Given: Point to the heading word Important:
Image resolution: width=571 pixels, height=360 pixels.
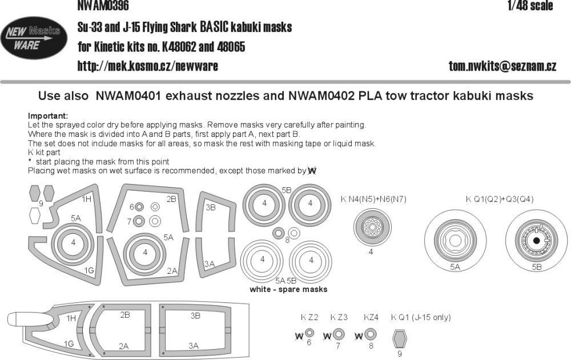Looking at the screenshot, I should [x=47, y=115].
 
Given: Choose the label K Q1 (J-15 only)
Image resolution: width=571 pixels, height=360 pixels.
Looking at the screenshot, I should [x=421, y=317].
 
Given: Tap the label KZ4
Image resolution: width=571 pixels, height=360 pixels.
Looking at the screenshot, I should [x=371, y=317].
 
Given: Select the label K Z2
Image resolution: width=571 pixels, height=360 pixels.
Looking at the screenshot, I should [x=309, y=317].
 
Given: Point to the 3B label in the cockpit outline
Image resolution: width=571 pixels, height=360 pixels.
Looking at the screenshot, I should [x=195, y=315].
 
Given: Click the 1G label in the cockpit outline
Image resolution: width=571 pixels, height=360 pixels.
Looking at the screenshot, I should [x=69, y=343].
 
